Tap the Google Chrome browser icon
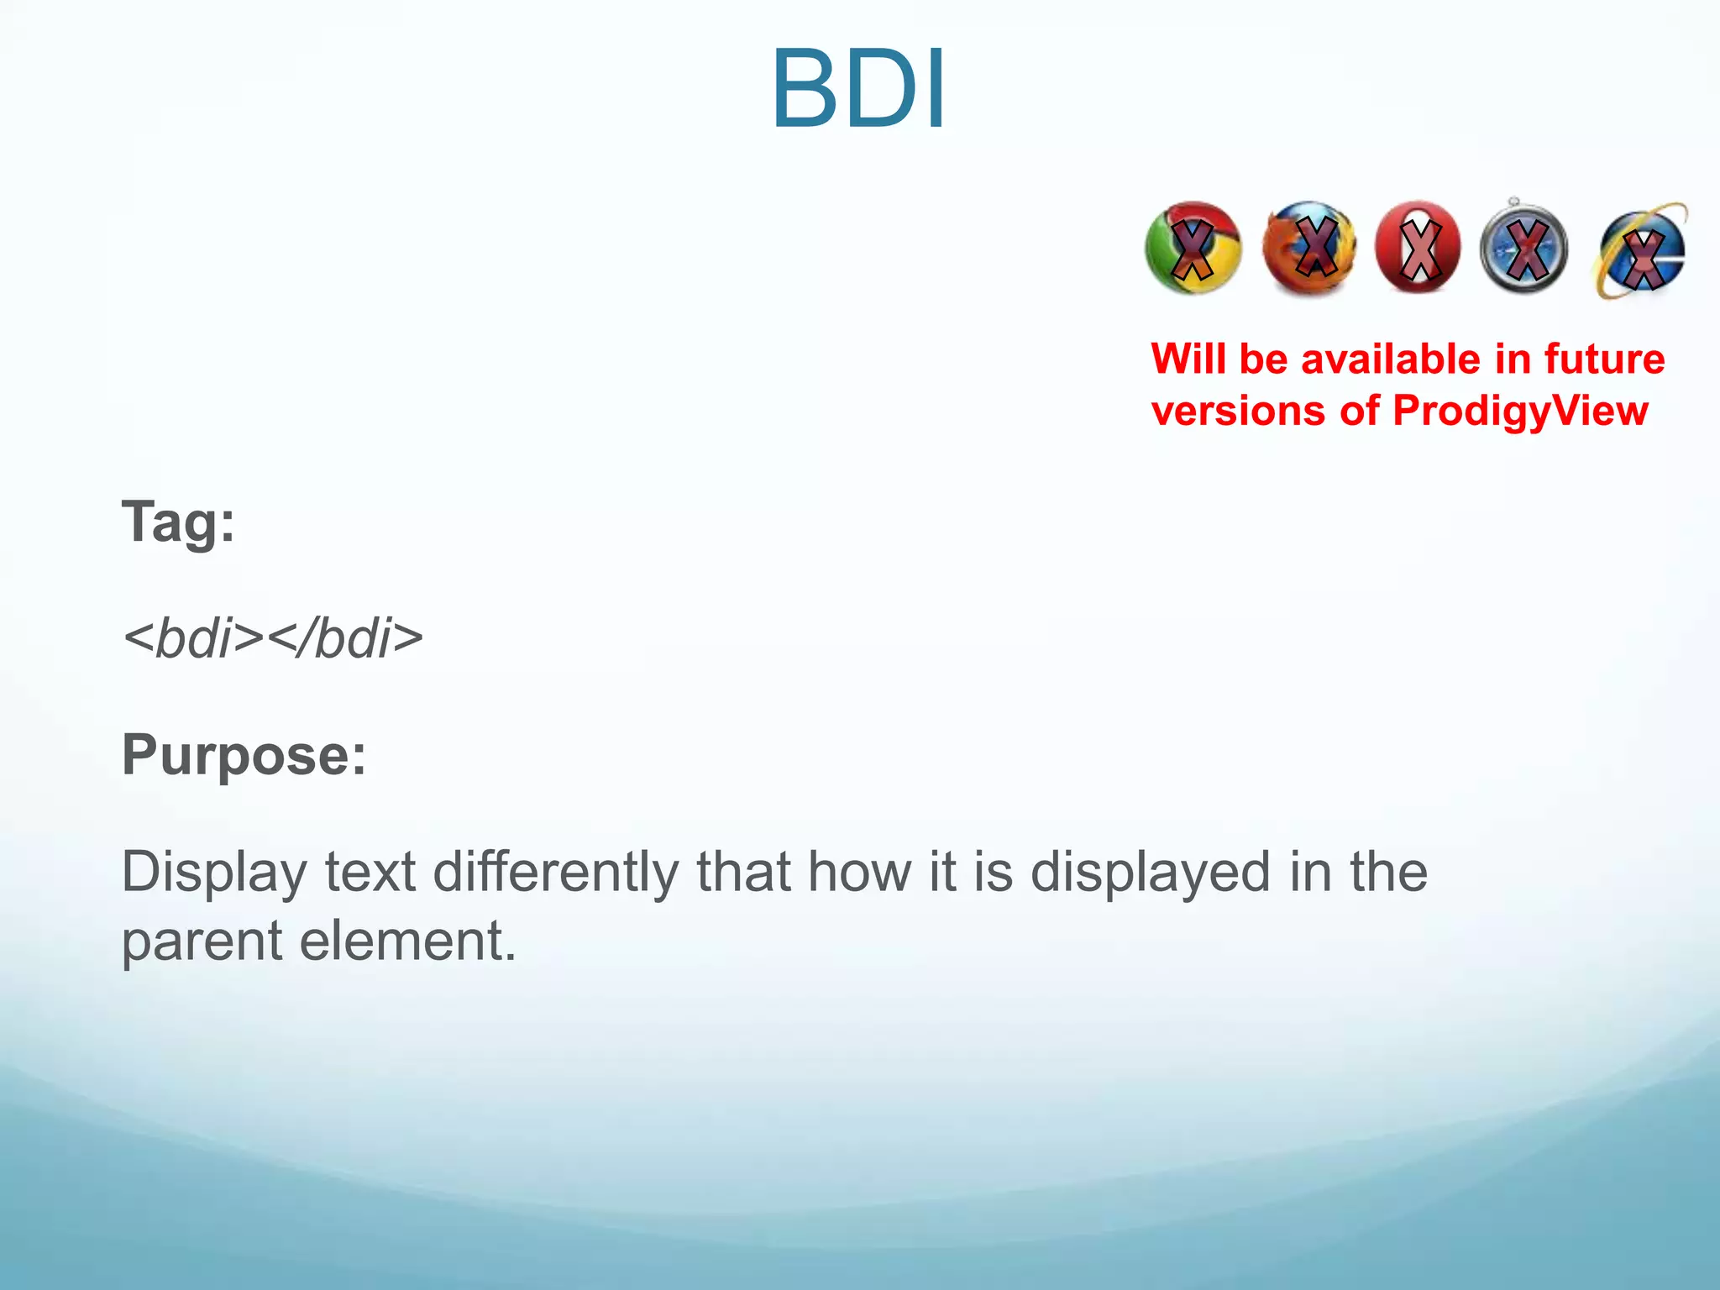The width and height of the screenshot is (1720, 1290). click(1193, 249)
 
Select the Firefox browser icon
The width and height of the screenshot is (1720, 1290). click(1309, 249)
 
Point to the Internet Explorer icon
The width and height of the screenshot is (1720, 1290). click(1640, 250)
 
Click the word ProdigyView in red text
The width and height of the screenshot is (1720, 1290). click(1520, 412)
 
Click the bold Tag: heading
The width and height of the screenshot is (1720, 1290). click(178, 522)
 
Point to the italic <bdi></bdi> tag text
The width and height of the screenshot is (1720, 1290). click(273, 638)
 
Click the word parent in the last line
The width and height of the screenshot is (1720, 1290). click(202, 942)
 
